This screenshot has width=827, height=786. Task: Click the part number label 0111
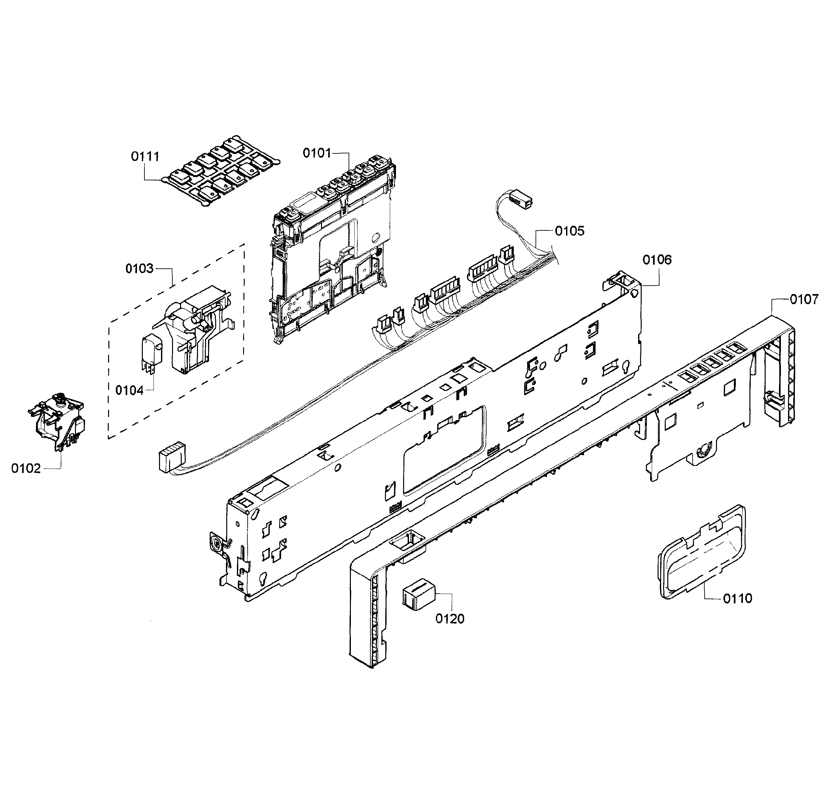[x=145, y=157]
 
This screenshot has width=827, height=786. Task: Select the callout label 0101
[x=317, y=153]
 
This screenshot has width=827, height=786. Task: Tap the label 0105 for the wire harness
[x=569, y=231]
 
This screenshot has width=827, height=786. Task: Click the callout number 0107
[x=804, y=299]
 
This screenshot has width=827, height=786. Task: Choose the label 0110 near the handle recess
[x=737, y=598]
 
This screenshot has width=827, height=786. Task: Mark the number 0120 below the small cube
[x=450, y=619]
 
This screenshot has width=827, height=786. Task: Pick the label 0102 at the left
[x=26, y=469]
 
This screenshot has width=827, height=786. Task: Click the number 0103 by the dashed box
[x=139, y=269]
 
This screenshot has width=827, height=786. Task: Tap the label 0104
[x=129, y=391]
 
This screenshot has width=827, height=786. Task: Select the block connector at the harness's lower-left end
[x=170, y=457]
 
